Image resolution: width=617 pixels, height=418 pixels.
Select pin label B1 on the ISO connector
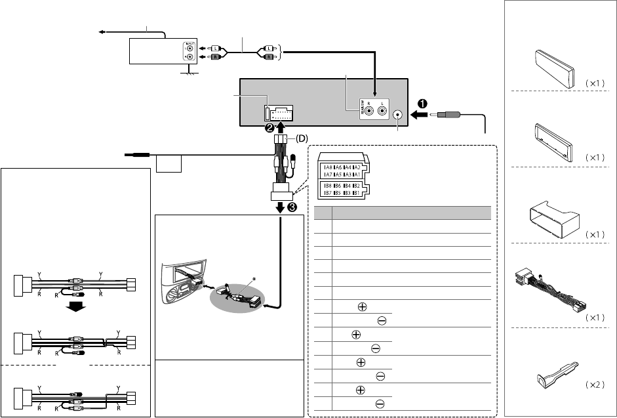(355, 194)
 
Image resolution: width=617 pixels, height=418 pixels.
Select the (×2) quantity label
(594, 385)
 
